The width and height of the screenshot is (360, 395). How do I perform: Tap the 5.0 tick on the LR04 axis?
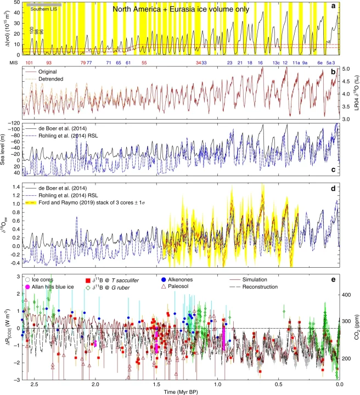pyautogui.click(x=345, y=70)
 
